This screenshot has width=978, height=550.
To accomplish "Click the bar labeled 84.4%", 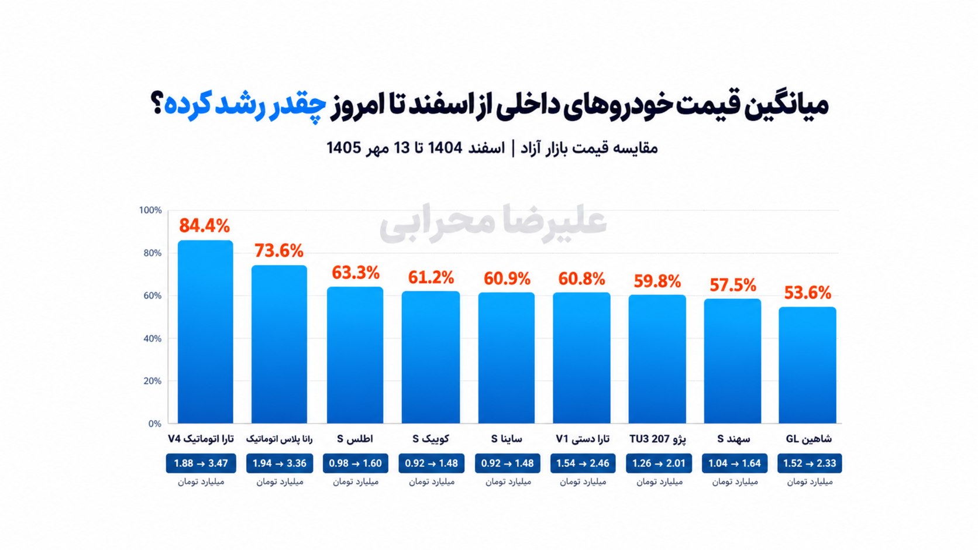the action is [205, 332].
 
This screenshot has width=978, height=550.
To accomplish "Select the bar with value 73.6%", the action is [279, 344].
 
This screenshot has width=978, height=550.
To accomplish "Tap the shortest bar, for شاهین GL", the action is [807, 365].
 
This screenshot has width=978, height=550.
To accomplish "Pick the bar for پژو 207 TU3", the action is [657, 359].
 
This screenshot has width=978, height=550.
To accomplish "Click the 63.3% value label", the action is [356, 273].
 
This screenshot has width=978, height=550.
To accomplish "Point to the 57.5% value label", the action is [733, 286].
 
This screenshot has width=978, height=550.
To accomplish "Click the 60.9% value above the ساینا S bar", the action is [507, 279].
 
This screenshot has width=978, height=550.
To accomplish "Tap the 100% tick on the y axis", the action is [151, 210].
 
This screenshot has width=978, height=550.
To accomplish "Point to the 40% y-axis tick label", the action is [153, 339].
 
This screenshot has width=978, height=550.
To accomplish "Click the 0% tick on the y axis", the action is [155, 424].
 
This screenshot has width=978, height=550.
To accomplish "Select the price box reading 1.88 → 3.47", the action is [201, 463].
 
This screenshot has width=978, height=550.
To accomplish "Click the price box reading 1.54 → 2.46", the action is [583, 463].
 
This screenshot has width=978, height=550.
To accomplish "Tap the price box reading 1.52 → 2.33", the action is [810, 463].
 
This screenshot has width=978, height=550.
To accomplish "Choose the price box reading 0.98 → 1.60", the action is [356, 463].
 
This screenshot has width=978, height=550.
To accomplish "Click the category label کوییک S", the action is [431, 439].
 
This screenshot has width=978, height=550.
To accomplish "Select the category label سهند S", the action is [733, 439].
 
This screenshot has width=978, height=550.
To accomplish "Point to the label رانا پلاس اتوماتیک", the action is [280, 439].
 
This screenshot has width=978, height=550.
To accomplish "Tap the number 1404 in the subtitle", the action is [445, 148].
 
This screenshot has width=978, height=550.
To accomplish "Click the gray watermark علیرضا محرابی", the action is [493, 223].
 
